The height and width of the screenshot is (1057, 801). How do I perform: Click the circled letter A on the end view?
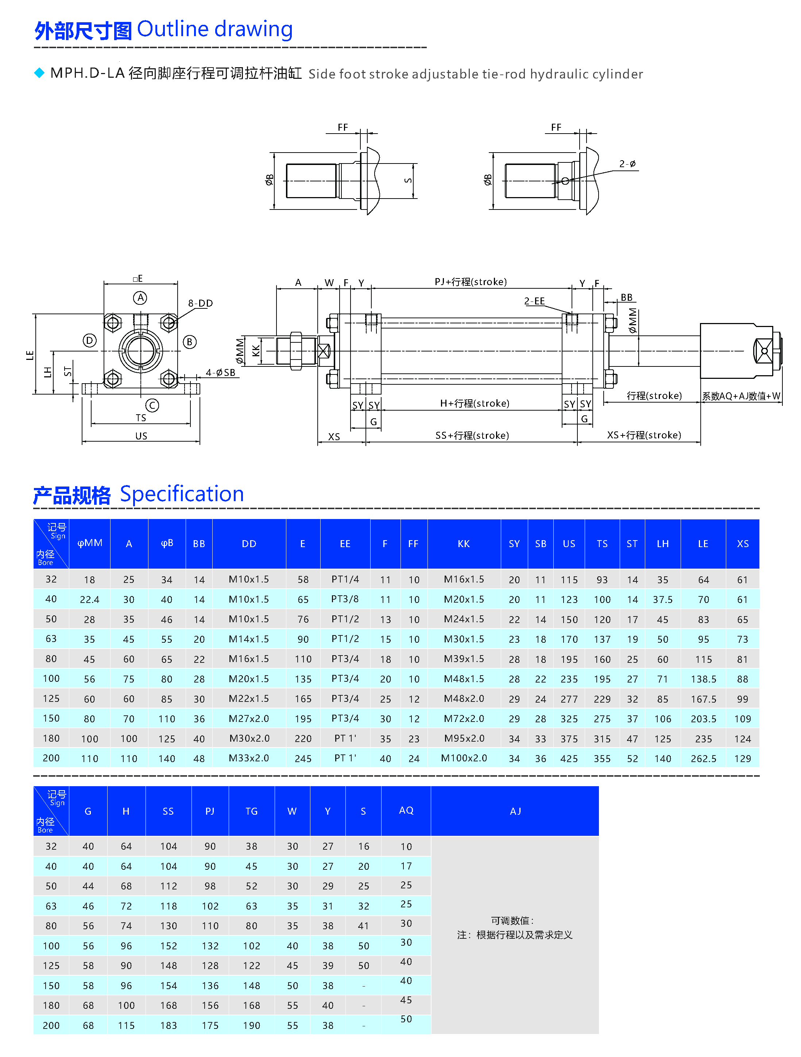pos(140,298)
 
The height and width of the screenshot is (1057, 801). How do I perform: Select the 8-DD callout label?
pos(200,303)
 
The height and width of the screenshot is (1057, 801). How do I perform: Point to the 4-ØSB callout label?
pos(221,373)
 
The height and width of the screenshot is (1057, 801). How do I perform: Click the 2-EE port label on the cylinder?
pos(534,301)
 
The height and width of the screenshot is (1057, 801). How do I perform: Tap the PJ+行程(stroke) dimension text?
pos(471,282)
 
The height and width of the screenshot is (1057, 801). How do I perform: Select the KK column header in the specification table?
pos(463,544)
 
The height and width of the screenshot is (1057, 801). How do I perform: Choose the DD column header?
pos(249,544)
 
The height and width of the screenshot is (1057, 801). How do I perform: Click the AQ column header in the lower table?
pos(406,810)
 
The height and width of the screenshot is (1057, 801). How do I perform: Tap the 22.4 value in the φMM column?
pos(89,600)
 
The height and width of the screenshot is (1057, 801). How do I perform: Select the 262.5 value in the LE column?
pos(703,758)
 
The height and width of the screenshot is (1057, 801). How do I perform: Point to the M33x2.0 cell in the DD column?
pos(249,758)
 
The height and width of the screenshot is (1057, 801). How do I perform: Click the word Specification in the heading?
pos(182,494)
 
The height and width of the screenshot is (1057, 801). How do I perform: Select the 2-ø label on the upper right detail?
pos(627,164)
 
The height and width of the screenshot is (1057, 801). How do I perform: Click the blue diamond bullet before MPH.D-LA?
pos(39,73)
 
